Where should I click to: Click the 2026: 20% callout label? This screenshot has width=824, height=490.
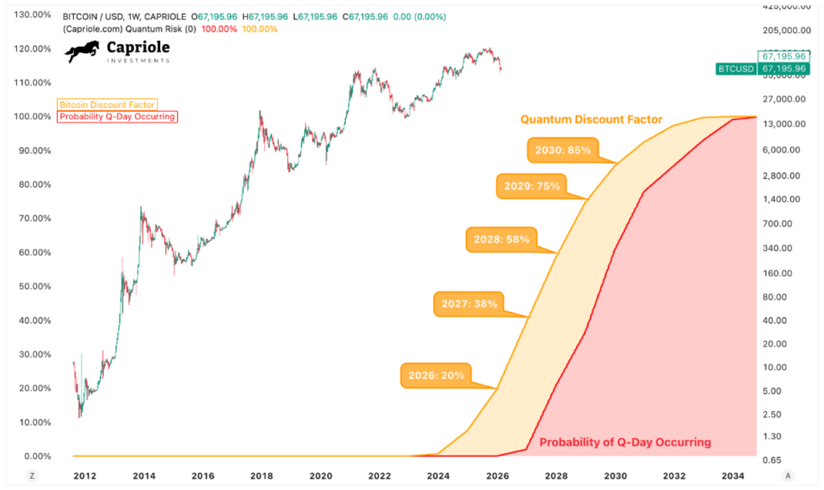[437, 376]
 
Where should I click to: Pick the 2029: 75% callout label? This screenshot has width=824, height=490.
[531, 186]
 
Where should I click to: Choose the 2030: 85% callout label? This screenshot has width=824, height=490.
[564, 150]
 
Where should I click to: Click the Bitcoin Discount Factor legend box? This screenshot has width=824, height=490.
[107, 105]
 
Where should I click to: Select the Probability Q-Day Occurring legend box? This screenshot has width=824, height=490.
[117, 117]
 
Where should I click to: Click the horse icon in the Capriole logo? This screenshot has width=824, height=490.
[83, 52]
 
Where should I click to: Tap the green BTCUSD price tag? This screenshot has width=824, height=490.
[735, 69]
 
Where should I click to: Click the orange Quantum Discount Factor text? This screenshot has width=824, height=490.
[591, 120]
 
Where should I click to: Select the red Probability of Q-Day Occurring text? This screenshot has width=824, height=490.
[625, 442]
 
